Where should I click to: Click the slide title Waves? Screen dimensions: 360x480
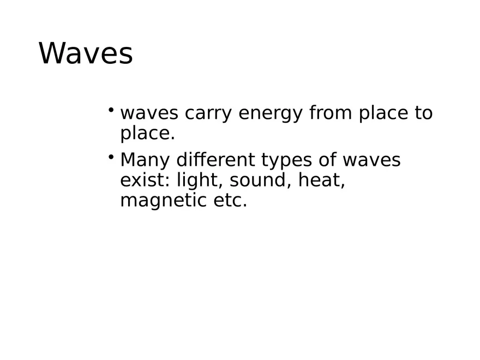coord(86,54)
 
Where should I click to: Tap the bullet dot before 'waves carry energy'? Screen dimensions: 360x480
coord(111,111)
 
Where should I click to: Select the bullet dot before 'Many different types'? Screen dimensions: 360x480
coord(111,158)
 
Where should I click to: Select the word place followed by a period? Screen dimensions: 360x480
coord(147,134)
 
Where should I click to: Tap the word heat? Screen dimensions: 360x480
coord(322,180)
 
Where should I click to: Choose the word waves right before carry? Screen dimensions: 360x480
coord(149,113)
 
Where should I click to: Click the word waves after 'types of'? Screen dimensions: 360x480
coord(371,160)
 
